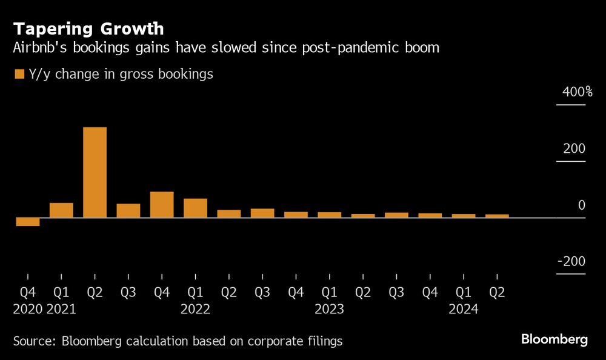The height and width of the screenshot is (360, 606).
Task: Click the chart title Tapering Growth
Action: click(x=88, y=28)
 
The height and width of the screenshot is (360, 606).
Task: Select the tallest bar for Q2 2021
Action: click(x=95, y=172)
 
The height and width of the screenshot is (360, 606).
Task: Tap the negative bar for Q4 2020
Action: click(x=28, y=222)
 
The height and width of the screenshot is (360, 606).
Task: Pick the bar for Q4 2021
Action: click(x=162, y=205)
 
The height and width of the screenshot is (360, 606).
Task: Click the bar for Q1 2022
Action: click(x=195, y=208)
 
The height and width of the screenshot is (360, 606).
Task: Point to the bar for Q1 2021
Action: click(x=61, y=210)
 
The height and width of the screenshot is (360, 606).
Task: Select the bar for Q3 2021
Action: click(x=128, y=210)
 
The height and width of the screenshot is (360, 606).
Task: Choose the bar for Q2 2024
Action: click(x=497, y=215)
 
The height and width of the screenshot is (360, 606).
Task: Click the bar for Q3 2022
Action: click(x=262, y=213)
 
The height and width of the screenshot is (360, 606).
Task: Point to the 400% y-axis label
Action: click(x=577, y=93)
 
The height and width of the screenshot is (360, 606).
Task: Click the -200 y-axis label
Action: click(x=571, y=262)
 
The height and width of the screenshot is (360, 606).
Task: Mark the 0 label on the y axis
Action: click(x=582, y=205)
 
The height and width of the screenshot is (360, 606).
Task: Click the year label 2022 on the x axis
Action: click(x=195, y=309)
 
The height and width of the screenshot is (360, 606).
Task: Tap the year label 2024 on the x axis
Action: click(x=464, y=309)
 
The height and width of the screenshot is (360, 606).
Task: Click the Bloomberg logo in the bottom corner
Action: click(x=554, y=340)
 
